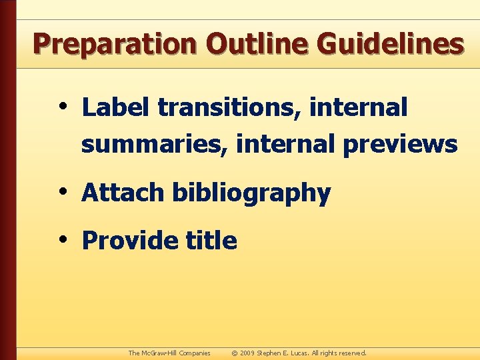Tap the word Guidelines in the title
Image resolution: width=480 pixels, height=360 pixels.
tap(390, 44)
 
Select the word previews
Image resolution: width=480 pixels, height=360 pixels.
tap(400, 144)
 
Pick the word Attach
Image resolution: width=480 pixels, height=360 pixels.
tap(123, 193)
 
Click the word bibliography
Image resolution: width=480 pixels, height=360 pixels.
tap(251, 194)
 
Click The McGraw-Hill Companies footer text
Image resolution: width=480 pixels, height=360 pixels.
tap(169, 353)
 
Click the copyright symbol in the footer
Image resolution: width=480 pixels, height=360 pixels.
tap(235, 353)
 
